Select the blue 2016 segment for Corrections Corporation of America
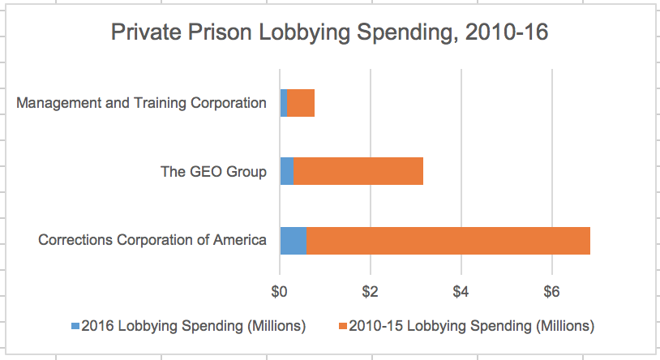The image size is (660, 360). pos(293,241)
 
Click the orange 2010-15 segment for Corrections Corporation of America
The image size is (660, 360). pos(448,241)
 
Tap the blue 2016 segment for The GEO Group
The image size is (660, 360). pos(286,171)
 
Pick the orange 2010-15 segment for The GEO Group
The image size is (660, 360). pos(358,171)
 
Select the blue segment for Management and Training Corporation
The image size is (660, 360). pos(283,103)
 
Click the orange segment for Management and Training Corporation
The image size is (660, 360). pos(300,103)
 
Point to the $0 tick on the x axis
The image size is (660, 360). pos(280,289)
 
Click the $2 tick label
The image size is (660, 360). pos(371,289)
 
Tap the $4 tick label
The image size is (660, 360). pos(461,289)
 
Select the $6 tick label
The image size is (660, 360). pos(552,289)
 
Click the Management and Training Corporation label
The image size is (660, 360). pos(141,103)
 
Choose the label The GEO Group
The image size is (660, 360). pos(214,171)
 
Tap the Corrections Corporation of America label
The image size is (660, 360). pos(152,240)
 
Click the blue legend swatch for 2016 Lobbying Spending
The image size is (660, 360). pos(75,327)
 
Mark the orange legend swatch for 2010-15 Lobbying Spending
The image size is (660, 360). pos(343,327)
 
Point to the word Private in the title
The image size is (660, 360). pos(139,33)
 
